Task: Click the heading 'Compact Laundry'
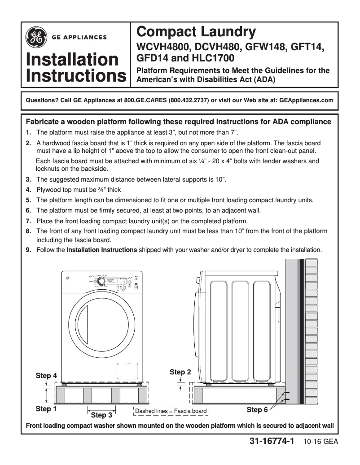click(x=196, y=32)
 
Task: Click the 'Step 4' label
click(x=46, y=375)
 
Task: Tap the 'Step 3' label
click(x=101, y=415)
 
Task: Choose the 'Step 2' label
click(x=180, y=372)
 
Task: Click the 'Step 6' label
click(x=257, y=410)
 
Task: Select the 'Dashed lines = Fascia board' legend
click(x=171, y=411)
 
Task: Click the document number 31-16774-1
click(x=272, y=442)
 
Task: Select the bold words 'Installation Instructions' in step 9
click(x=102, y=250)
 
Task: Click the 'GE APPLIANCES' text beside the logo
click(x=79, y=37)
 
